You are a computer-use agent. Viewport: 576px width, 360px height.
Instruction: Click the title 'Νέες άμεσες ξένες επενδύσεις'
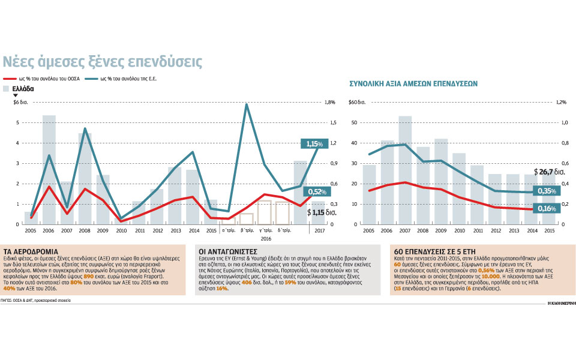(103, 61)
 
